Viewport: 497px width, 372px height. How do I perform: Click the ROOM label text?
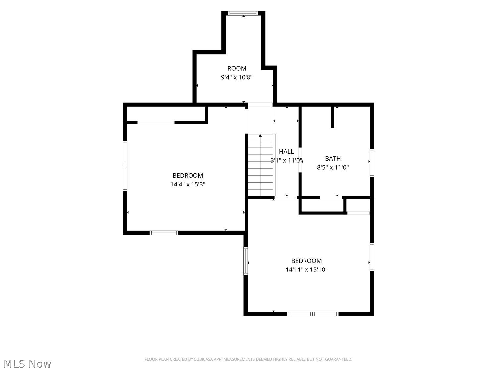click(x=237, y=68)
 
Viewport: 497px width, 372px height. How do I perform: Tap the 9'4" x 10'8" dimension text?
click(x=237, y=77)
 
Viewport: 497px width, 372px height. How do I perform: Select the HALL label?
click(x=286, y=151)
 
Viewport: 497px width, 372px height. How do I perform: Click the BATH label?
click(x=333, y=159)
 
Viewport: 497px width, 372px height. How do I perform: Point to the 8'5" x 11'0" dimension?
click(x=333, y=167)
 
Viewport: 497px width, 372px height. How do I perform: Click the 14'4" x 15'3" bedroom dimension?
click(x=188, y=184)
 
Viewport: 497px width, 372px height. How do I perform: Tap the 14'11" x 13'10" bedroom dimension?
click(x=306, y=269)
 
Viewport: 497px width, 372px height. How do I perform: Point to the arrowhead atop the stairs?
click(x=260, y=136)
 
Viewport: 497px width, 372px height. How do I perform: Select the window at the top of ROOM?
click(x=243, y=13)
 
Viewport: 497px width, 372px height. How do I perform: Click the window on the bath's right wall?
click(x=372, y=163)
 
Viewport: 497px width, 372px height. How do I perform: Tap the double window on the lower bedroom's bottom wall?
click(x=313, y=314)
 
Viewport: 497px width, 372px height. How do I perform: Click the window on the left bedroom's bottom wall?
click(x=164, y=233)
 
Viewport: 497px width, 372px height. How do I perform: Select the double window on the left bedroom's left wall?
click(x=125, y=166)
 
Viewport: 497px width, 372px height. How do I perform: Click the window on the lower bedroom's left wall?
click(x=246, y=261)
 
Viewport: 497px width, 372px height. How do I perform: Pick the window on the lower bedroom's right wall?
click(x=372, y=257)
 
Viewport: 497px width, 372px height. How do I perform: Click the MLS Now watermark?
click(x=28, y=364)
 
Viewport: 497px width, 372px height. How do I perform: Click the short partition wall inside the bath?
click(x=333, y=117)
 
